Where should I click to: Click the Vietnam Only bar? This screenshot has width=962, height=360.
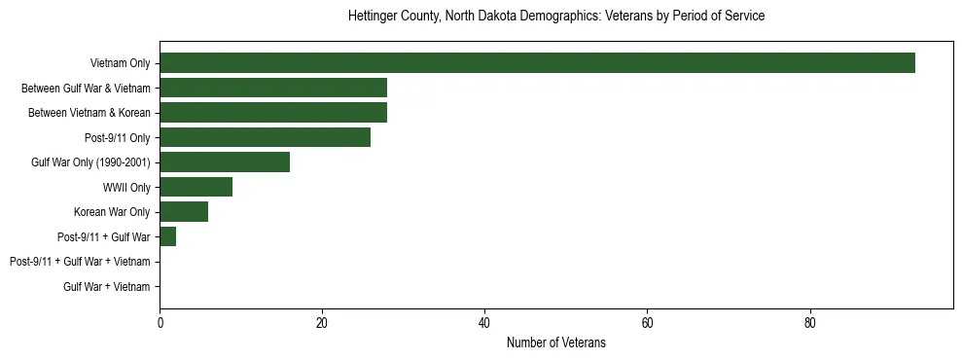coord(537,63)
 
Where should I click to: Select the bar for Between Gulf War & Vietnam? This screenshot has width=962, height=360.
coord(273,88)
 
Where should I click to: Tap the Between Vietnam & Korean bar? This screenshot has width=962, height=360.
coord(273,113)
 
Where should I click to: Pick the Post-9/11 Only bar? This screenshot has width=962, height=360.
coord(265,137)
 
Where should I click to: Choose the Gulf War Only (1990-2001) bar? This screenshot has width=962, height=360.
coord(225,162)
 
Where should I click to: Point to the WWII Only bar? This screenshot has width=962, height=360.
coord(196,187)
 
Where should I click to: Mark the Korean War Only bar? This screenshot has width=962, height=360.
coord(184,212)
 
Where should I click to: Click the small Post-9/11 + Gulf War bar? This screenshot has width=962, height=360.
coord(167,236)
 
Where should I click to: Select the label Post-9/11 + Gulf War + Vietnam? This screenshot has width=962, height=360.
coord(80,262)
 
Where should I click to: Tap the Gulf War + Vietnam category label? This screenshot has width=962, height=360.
coord(107,287)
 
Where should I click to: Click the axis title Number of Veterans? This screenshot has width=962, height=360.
coord(556,342)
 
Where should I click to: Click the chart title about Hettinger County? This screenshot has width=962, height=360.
coord(556,17)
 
